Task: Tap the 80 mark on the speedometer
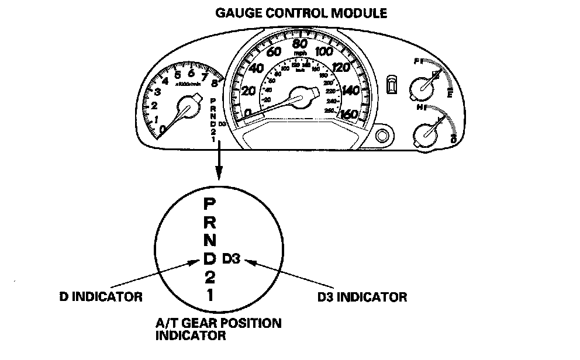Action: [299, 44]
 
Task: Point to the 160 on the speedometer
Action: [348, 115]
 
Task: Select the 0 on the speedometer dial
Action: [248, 113]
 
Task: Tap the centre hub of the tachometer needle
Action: [188, 109]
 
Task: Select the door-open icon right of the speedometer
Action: [391, 84]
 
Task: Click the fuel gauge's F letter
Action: [416, 61]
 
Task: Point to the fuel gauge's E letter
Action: [449, 94]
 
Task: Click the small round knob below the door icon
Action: [382, 136]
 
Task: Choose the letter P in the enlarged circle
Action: [209, 204]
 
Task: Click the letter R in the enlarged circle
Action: [209, 222]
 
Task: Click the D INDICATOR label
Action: [101, 297]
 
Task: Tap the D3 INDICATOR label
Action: [362, 297]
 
